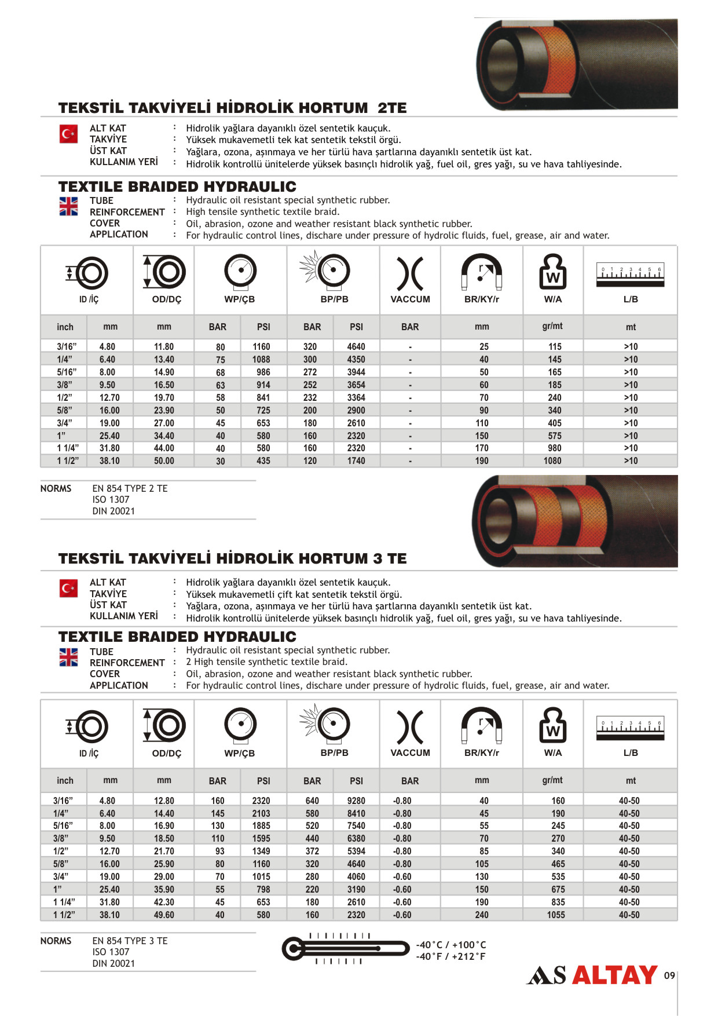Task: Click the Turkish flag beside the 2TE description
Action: coord(68,134)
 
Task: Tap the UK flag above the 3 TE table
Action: coord(68,657)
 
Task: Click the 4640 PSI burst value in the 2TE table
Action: coord(356,346)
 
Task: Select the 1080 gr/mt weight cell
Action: coord(552,461)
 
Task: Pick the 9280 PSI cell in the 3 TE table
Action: coord(356,801)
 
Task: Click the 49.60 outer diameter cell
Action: coord(164,915)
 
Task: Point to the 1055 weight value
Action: coord(556,915)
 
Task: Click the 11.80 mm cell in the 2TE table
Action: coord(164,346)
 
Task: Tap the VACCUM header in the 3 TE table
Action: coord(410,752)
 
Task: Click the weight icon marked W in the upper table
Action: coord(552,272)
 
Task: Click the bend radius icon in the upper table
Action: coord(481,272)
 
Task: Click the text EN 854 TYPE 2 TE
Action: coord(130,488)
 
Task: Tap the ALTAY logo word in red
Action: coord(614,975)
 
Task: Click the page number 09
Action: coord(669,975)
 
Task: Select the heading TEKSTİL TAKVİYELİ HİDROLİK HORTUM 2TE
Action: coord(232,108)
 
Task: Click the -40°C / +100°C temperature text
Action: coord(451,945)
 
